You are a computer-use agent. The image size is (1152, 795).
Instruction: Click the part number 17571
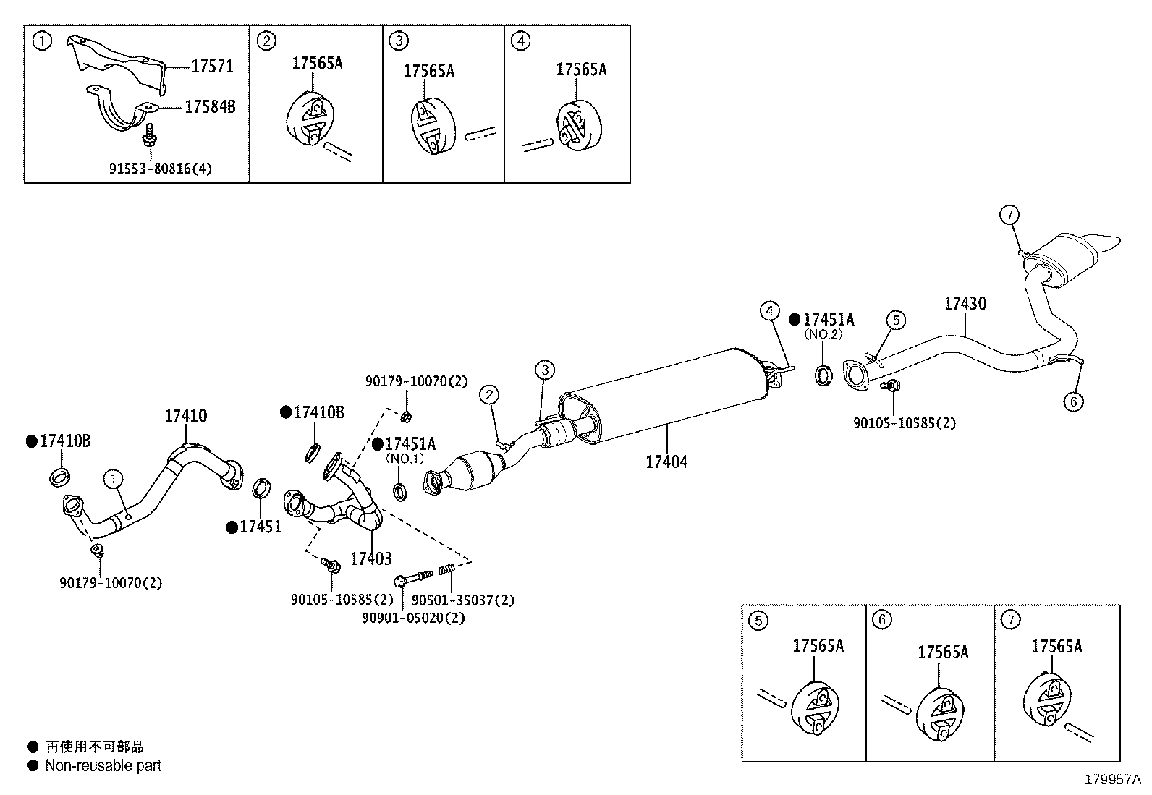pos(212,67)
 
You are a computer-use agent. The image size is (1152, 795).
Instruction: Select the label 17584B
pos(210,107)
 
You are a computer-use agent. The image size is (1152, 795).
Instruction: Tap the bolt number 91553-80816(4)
pos(161,169)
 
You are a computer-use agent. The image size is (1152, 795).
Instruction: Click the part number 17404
pos(666,461)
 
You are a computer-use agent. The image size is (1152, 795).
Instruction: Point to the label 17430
pos(965,304)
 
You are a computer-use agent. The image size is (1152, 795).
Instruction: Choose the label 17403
pos(370,558)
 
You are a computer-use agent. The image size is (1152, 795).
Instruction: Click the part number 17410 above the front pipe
pos(185,416)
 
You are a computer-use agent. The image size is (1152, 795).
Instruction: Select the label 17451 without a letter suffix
pos(261,527)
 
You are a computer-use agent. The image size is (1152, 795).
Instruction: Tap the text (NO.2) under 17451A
pos(823,335)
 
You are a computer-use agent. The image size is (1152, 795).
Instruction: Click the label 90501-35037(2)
pos(462,600)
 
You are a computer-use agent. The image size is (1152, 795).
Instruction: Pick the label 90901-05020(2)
pos(413,618)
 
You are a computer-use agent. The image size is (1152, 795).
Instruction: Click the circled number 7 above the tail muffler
pos(1009,215)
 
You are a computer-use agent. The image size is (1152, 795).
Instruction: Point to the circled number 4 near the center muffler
pos(769,311)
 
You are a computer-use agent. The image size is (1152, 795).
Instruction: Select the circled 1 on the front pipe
pos(113,478)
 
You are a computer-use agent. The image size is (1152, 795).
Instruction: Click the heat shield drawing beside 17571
pos(116,61)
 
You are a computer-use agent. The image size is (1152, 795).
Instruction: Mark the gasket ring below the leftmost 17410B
pos(60,477)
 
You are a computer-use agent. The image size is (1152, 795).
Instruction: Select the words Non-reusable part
pos(103,765)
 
